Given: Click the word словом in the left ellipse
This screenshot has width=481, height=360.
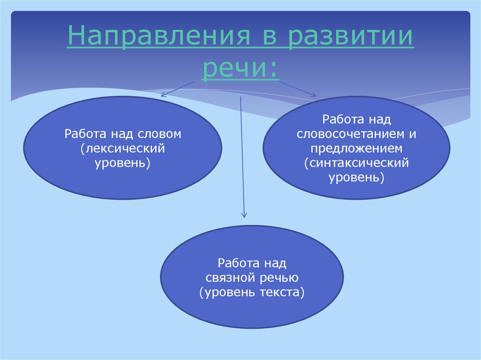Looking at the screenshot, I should click(x=160, y=134).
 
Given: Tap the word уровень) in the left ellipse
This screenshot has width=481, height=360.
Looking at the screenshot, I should click(x=123, y=164).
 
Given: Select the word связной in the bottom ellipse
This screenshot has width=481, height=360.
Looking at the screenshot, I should click(x=230, y=277).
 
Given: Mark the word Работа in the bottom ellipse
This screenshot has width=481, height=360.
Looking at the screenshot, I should click(x=234, y=262).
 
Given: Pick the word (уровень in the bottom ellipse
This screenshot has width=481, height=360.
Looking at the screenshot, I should click(x=226, y=292).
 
